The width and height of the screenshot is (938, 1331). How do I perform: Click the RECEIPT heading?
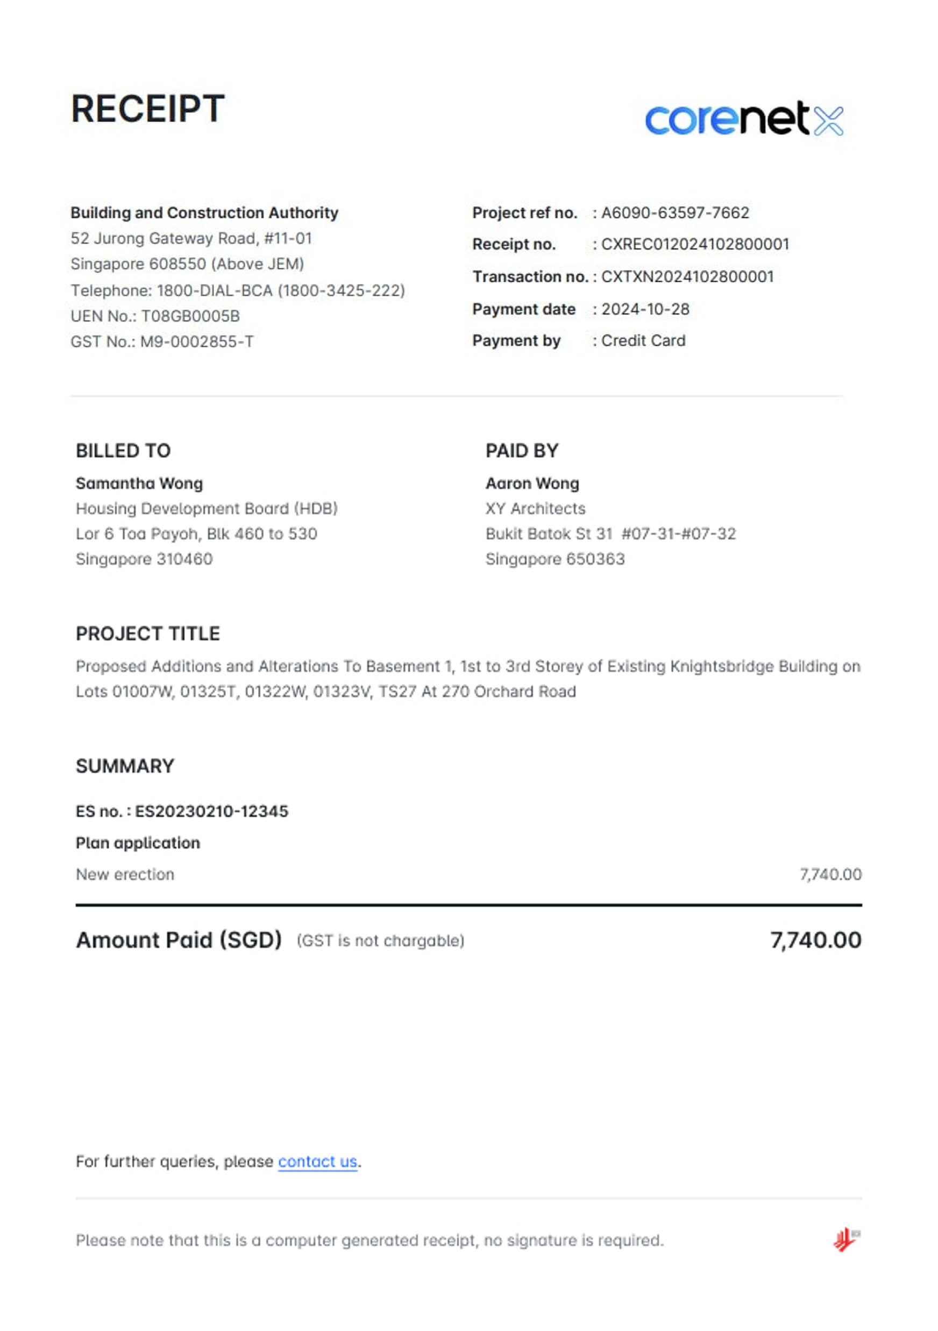[147, 109]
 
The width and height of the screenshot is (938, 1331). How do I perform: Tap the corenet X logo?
[744, 119]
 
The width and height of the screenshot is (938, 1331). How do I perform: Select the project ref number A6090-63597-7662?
[675, 213]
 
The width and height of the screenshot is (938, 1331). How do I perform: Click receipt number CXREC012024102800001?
[694, 244]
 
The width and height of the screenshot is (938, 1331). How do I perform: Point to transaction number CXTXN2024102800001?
[687, 276]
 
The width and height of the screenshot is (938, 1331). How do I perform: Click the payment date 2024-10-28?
[645, 309]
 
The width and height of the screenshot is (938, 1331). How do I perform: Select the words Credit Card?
[643, 340]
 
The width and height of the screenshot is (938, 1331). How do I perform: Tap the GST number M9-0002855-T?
[196, 341]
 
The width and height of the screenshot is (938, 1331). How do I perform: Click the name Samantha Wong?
[139, 483]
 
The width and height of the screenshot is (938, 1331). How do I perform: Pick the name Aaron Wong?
[532, 483]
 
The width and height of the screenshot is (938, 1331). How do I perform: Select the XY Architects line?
[535, 508]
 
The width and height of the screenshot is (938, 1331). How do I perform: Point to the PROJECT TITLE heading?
[148, 634]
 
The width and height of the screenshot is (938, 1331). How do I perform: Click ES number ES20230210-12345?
[211, 811]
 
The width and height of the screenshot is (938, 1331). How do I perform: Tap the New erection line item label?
[125, 874]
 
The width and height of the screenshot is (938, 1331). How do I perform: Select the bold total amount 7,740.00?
[815, 939]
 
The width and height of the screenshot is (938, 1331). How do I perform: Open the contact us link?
[317, 1161]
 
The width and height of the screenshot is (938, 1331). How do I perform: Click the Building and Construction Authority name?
[204, 213]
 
